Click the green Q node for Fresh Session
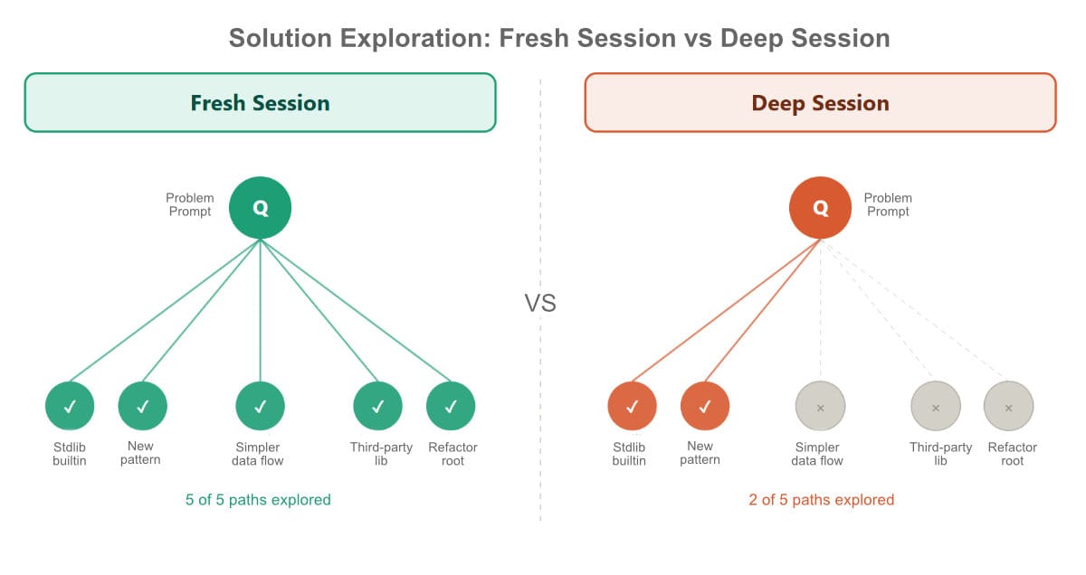pyautogui.click(x=260, y=207)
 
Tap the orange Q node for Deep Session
pyautogui.click(x=820, y=207)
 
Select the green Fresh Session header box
pyautogui.click(x=260, y=103)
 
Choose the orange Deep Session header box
pyautogui.click(x=820, y=103)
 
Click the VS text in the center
pyautogui.click(x=540, y=303)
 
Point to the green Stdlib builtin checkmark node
pyautogui.click(x=70, y=406)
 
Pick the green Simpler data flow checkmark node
pyautogui.click(x=260, y=406)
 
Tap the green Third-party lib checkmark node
pyautogui.click(x=377, y=406)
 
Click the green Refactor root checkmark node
pyautogui.click(x=451, y=406)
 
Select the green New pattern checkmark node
pyautogui.click(x=142, y=406)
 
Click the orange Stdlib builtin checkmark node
pyautogui.click(x=632, y=406)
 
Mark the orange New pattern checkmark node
pyautogui.click(x=704, y=406)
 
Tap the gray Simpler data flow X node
pyautogui.click(x=820, y=406)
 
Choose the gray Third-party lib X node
pyautogui.click(x=935, y=406)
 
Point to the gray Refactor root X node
pyautogui.click(x=1008, y=406)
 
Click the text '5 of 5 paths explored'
pyautogui.click(x=258, y=500)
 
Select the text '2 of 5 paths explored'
pyautogui.click(x=821, y=500)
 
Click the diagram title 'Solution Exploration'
pyautogui.click(x=558, y=38)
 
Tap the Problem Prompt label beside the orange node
pyautogui.click(x=888, y=204)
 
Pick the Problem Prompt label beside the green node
pyautogui.click(x=189, y=204)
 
